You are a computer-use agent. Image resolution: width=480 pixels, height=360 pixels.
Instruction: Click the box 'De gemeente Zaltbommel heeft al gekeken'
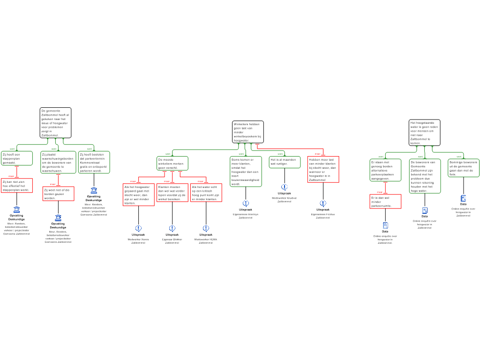click(55, 123)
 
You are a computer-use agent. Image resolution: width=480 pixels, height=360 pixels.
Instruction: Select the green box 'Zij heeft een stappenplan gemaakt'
click(17, 158)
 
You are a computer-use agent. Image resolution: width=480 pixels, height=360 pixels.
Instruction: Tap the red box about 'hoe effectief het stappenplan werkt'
click(17, 185)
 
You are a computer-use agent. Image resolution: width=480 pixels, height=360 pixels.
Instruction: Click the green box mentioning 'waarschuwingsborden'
click(58, 162)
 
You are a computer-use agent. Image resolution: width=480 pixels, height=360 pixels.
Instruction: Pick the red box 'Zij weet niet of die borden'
click(58, 194)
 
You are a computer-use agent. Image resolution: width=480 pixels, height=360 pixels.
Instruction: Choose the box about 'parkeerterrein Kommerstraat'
click(94, 162)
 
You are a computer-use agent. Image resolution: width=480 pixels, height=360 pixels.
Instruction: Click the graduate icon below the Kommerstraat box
click(94, 190)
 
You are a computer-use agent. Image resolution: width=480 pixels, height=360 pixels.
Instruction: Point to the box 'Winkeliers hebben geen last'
click(247, 132)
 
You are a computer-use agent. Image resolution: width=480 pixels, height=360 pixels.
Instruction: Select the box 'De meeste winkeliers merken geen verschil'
click(172, 163)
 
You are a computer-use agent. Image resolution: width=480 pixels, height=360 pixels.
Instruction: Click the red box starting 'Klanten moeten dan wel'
click(172, 193)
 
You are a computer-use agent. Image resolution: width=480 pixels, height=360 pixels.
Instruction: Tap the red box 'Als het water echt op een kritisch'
click(206, 193)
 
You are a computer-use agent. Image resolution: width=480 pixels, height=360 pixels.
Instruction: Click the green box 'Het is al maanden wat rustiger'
click(285, 162)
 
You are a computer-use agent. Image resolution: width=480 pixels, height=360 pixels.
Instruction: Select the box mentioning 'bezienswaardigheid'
click(246, 172)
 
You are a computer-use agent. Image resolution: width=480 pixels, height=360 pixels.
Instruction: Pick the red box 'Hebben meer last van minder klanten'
click(323, 169)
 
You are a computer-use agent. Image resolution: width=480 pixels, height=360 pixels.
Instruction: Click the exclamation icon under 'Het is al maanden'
click(285, 187)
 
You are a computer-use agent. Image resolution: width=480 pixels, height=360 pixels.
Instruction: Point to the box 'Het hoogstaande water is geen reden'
click(424, 133)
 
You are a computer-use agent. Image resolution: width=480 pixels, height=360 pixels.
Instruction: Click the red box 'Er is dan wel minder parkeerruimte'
click(385, 201)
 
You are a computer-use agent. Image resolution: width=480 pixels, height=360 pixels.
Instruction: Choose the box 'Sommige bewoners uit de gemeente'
click(463, 168)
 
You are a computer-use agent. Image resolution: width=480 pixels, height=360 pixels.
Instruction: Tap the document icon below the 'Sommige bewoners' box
click(464, 198)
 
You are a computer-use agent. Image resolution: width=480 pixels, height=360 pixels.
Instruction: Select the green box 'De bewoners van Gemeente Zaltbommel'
click(425, 176)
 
